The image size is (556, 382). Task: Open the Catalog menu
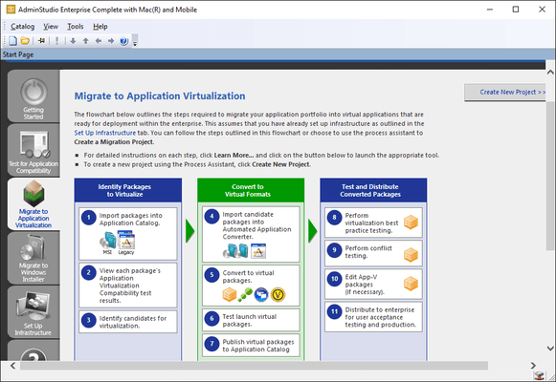[x=22, y=26]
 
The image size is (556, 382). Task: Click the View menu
[x=51, y=26]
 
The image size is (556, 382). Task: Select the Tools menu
[x=76, y=26]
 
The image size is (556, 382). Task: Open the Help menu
[x=100, y=26]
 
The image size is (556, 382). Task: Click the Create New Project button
[x=507, y=93]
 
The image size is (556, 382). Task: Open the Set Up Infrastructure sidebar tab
[x=33, y=317]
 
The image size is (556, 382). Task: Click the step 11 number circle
[x=334, y=310]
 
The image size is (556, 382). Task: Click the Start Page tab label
[x=21, y=55]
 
